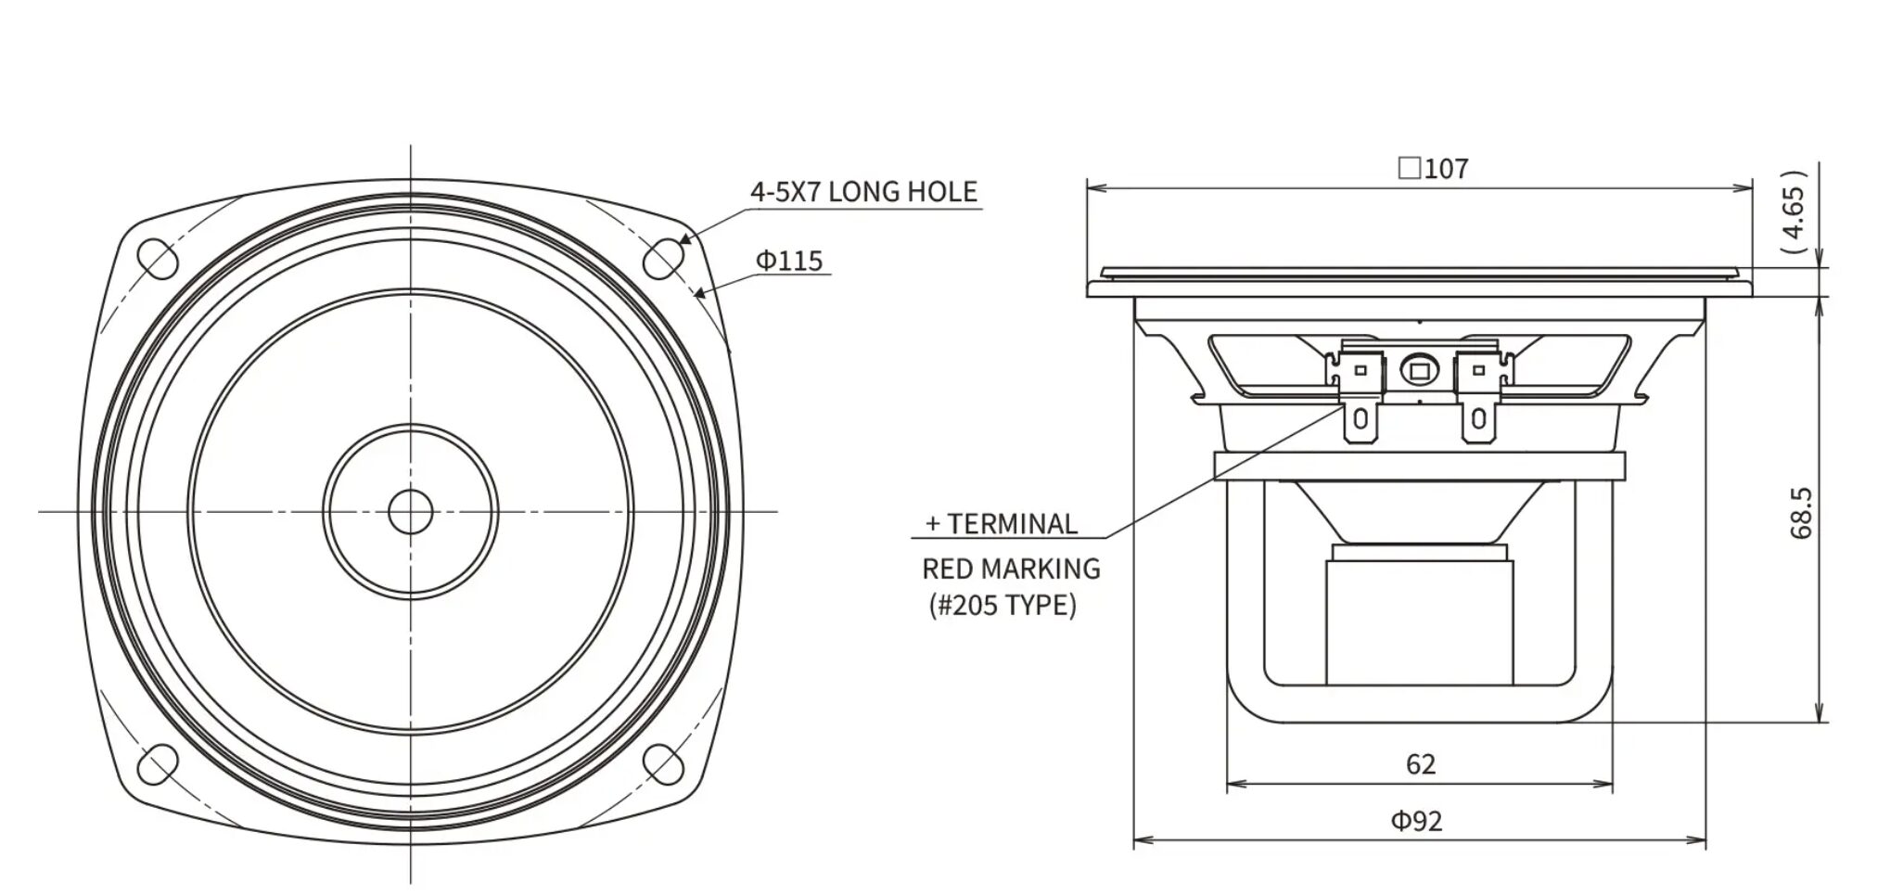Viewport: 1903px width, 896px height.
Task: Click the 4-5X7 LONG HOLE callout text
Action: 863,192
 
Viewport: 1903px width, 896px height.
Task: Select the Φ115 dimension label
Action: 789,261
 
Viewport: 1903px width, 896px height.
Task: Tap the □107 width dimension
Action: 1433,169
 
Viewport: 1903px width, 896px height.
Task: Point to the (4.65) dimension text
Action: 1794,212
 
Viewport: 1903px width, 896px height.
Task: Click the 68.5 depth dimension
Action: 1800,513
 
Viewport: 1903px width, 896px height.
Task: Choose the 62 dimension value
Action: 1420,763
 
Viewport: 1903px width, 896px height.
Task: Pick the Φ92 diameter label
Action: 1416,821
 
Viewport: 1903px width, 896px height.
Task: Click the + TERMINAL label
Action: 1002,524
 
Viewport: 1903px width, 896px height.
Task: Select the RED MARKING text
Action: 1011,569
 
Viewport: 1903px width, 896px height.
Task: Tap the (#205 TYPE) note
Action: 1003,606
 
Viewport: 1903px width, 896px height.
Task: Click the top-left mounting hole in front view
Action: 158,259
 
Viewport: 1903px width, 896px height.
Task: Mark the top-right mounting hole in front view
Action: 664,259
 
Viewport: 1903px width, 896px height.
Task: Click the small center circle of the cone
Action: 411,511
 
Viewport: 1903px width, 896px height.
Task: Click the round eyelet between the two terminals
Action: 1418,370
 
